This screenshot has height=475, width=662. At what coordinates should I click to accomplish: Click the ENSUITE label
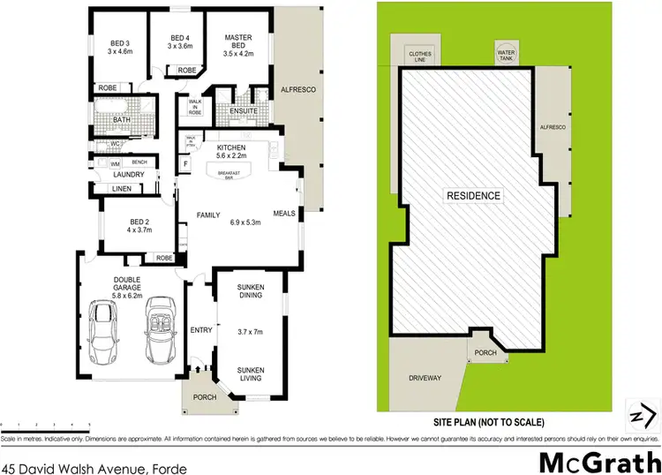pos(242,110)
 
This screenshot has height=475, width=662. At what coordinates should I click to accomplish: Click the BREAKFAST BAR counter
pos(227,172)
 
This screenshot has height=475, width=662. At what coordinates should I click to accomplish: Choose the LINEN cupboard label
pos(122,189)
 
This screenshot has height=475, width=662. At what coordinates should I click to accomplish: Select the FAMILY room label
pos(208,215)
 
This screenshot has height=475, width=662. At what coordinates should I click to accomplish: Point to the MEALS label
pos(284,212)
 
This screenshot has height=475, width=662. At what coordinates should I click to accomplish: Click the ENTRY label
pos(201,329)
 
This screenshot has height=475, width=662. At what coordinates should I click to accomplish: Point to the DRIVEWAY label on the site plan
pos(425,378)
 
